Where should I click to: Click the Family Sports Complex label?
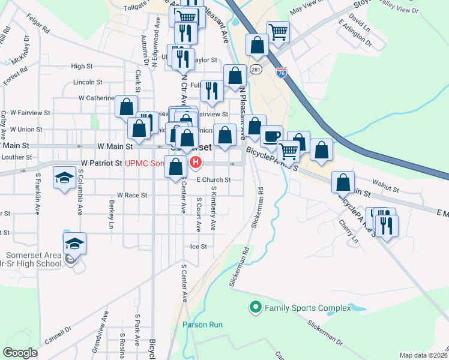[307, 308]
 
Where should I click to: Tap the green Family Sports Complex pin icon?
[255, 308]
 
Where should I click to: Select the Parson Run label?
[203, 325]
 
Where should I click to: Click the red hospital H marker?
[196, 162]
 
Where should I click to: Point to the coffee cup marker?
[271, 136]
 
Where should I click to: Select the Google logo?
[20, 353]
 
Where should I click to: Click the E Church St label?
[214, 179]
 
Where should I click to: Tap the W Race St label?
[131, 195]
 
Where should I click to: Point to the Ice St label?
[198, 246]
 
